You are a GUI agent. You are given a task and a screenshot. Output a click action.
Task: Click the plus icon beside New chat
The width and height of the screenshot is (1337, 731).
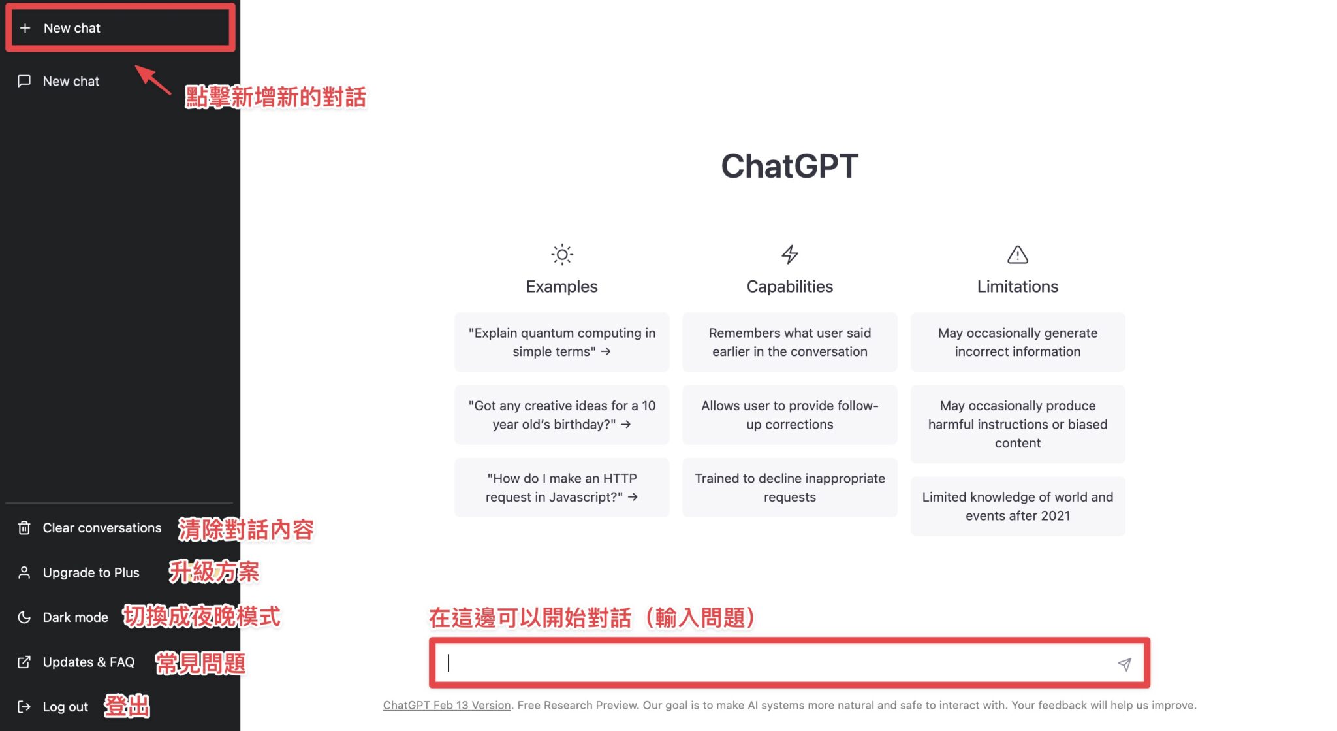point(25,28)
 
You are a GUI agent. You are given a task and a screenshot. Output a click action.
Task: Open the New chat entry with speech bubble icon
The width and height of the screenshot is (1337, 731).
point(71,81)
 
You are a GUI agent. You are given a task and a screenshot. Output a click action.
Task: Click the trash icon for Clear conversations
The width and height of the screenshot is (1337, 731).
point(24,528)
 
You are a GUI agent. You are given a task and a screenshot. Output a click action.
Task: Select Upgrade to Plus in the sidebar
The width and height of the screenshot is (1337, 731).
point(91,572)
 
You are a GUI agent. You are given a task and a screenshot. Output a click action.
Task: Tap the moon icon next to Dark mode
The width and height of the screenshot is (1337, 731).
point(24,617)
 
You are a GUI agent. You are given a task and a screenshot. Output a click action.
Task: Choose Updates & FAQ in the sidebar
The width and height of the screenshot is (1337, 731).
point(88,662)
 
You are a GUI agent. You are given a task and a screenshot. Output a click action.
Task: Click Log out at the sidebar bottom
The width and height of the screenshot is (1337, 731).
point(65,707)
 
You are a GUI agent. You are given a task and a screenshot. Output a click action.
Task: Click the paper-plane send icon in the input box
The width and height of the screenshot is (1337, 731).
point(1124,664)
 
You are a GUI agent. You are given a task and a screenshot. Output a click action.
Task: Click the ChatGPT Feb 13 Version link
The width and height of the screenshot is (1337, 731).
point(447,705)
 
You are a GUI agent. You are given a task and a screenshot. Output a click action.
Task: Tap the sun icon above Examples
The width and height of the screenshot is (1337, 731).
point(561,254)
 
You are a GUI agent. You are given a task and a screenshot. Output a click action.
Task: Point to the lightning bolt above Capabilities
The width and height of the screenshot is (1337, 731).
point(790,254)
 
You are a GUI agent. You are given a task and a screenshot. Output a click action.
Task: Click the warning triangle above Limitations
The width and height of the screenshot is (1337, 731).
point(1017,254)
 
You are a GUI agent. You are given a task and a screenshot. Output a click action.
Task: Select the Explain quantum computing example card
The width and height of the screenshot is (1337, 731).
point(561,342)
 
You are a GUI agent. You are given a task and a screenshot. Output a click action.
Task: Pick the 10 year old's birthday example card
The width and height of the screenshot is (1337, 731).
point(561,415)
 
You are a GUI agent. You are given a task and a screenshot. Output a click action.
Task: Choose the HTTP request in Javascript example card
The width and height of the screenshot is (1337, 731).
point(561,487)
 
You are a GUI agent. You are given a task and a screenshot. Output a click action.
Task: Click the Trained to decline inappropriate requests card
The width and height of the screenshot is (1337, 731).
point(789,487)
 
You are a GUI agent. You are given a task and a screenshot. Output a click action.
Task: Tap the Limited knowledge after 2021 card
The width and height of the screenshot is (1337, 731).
point(1017,506)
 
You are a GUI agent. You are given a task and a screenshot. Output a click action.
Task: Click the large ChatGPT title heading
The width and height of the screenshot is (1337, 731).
point(789,166)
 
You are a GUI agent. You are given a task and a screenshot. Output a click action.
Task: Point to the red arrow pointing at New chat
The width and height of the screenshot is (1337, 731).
point(153,80)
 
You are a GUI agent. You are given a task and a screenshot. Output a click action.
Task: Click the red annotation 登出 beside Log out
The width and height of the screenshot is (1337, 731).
point(127,706)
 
